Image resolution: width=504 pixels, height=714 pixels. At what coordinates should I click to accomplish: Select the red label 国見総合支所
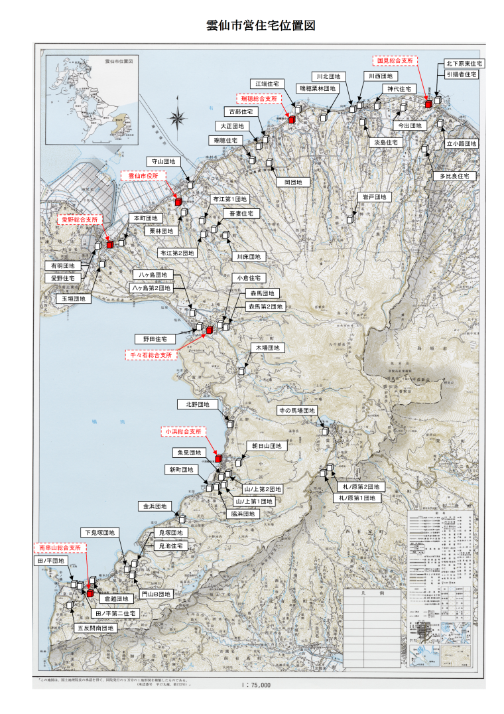pos(395,60)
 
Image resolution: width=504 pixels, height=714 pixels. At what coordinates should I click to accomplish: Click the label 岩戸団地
pos(375,197)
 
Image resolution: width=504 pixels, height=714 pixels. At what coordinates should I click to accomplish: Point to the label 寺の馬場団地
pos(296,411)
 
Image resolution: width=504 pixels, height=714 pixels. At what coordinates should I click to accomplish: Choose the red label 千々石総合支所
pos(152,356)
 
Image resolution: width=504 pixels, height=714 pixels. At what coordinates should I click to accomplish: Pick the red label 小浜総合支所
pos(184,431)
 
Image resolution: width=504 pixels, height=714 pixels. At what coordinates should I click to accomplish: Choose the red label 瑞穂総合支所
pos(259,98)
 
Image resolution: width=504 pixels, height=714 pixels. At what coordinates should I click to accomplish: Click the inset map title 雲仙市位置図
pos(119,60)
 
